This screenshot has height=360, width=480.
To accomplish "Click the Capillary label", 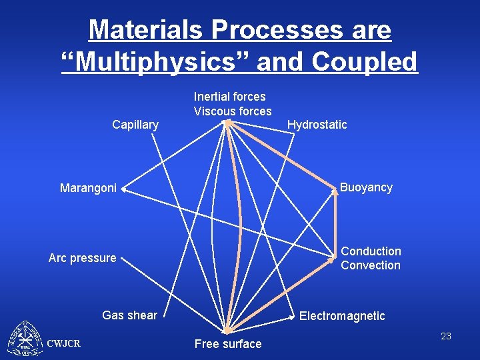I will (x=135, y=125).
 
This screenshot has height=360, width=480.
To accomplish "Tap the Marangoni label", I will (x=88, y=188).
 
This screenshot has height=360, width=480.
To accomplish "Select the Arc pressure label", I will (x=82, y=258).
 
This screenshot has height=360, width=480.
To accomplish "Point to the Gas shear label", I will (x=129, y=315).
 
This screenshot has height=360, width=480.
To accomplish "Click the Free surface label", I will (x=227, y=344).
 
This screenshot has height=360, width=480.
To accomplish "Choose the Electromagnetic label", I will (x=342, y=316).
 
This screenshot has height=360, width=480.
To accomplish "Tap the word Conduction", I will (x=371, y=251).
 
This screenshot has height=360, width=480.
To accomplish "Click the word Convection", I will (x=371, y=265).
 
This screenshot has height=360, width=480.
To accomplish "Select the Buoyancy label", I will (x=366, y=187).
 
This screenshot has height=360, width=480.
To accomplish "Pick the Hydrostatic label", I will (x=317, y=125).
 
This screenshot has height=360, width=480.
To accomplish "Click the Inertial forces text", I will (x=229, y=97).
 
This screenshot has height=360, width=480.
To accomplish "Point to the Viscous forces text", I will (x=233, y=111).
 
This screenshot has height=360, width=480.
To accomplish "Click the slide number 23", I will (x=446, y=336).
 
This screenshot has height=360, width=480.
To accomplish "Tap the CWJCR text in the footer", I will (x=64, y=343).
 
